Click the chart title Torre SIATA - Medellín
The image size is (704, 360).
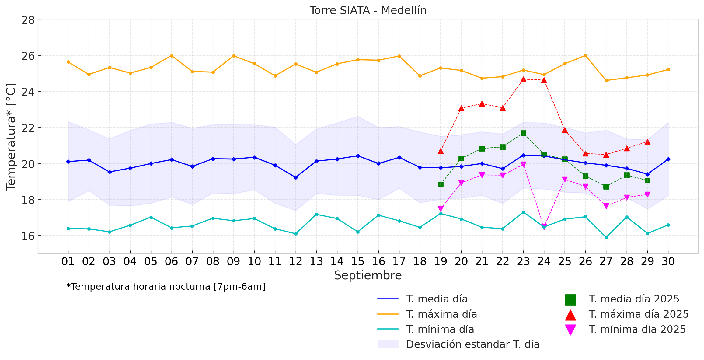click(368, 10)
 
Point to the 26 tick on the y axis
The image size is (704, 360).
click(28, 56)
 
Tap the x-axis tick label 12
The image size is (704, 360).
click(295, 261)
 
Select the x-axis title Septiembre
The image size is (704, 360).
click(368, 275)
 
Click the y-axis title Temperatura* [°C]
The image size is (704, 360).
click(11, 137)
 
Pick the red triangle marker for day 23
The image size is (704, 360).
click(523, 79)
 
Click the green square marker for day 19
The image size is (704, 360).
click(441, 184)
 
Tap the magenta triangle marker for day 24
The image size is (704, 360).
click(544, 227)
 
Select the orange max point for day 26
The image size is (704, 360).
click(585, 55)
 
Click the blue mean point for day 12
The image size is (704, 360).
click(296, 177)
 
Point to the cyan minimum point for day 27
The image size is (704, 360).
click(606, 237)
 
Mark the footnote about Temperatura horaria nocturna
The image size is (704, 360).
click(166, 287)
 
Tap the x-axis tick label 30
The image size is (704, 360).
click(668, 261)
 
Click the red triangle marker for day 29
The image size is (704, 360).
click(647, 142)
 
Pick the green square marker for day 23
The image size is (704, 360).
click(523, 133)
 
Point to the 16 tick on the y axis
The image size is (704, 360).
click(28, 236)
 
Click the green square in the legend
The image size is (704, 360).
click(570, 300)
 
